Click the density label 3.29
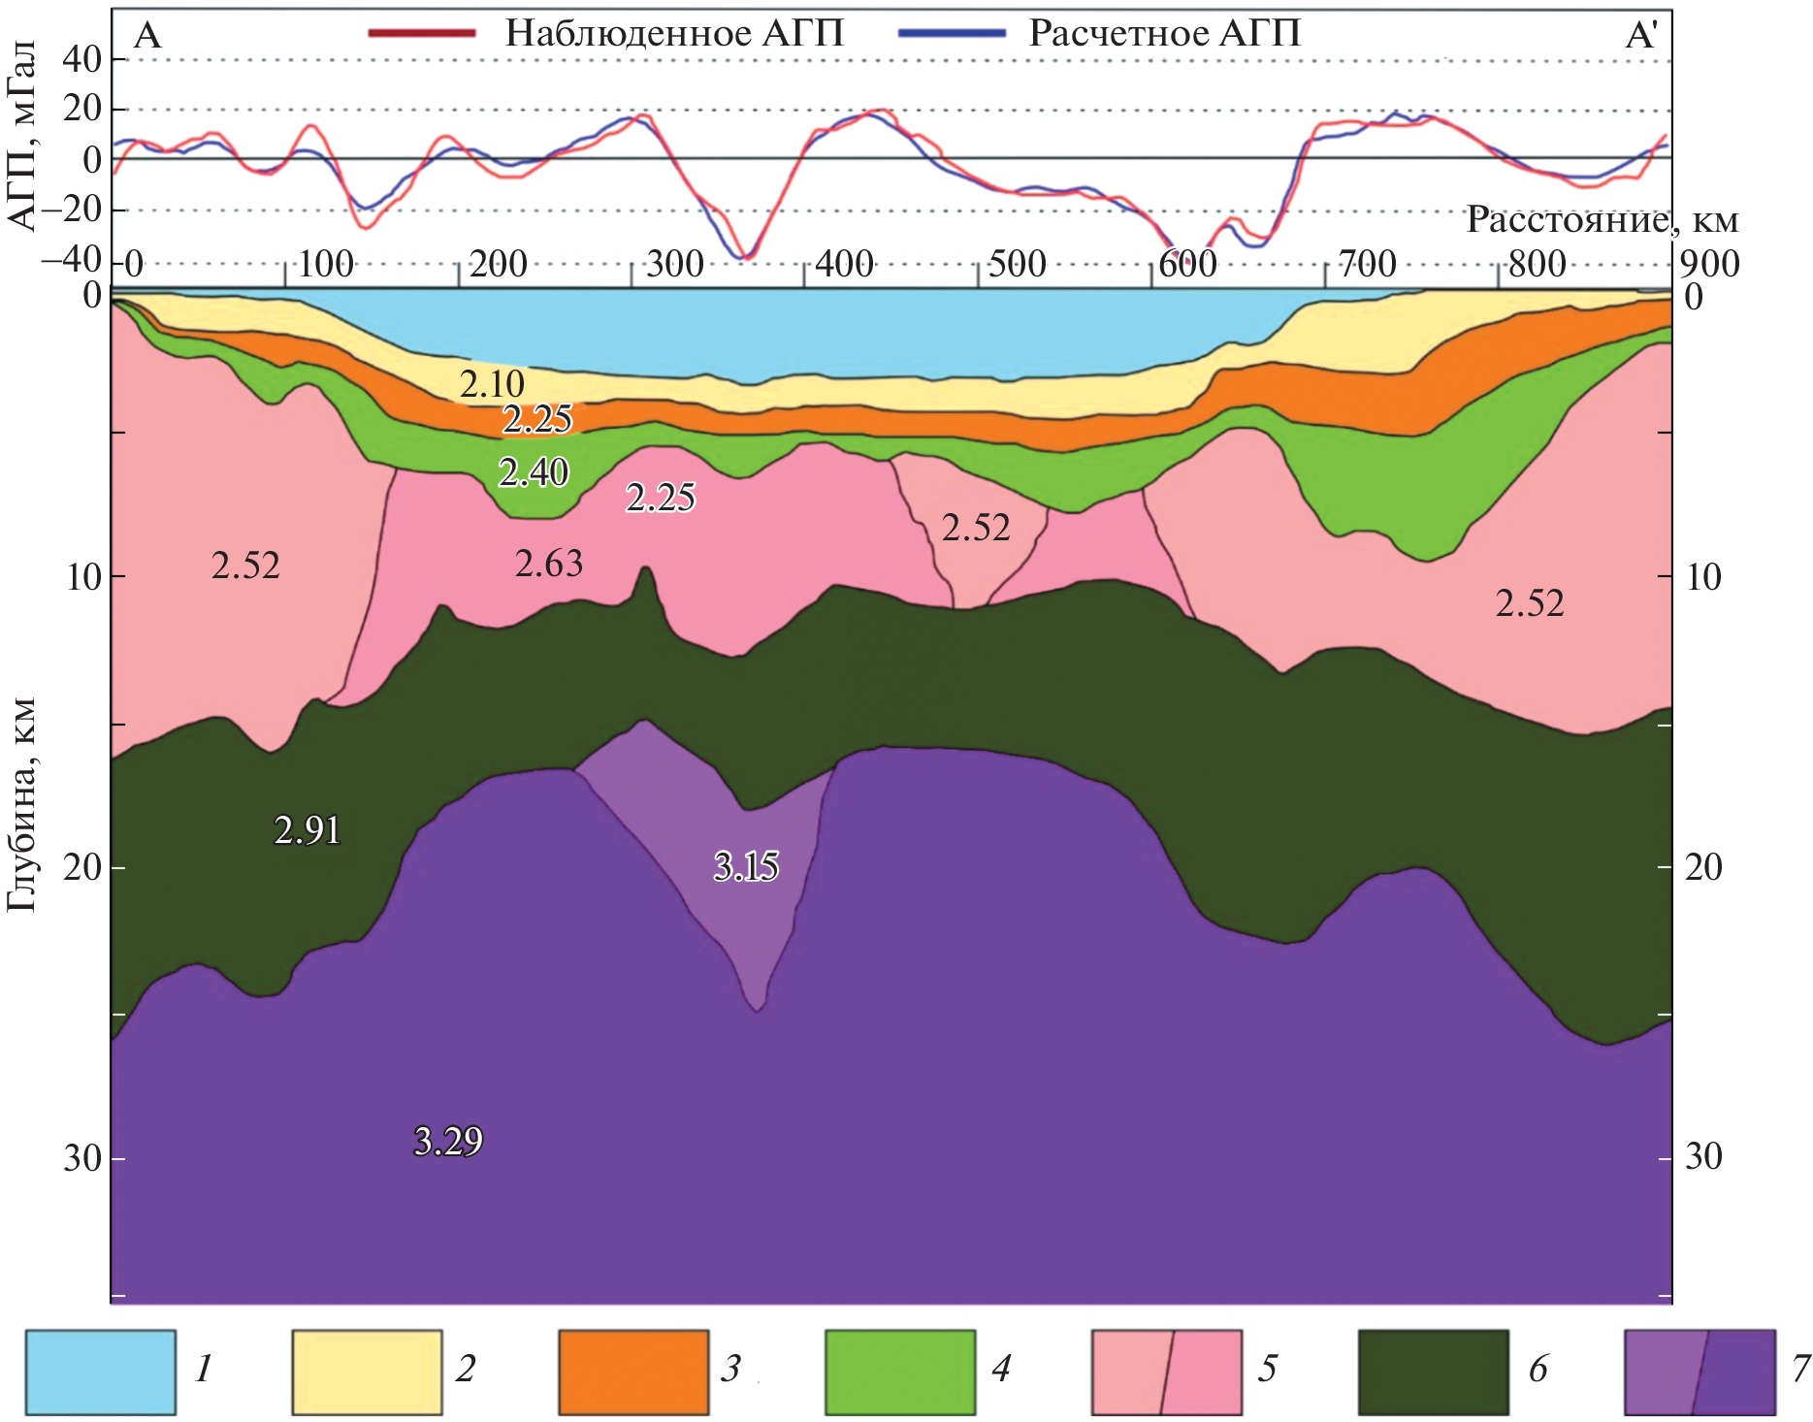tap(448, 1141)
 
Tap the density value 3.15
tap(746, 865)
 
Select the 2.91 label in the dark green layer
tap(308, 830)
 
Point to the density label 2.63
tap(549, 564)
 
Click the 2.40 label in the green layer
tap(534, 472)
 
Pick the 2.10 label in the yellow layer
tap(492, 384)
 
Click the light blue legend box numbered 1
tap(101, 1372)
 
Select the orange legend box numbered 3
tap(633, 1372)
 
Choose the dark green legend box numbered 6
tap(1433, 1372)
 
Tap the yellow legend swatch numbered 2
tap(367, 1372)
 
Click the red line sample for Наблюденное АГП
tap(422, 33)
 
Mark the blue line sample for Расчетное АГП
tap(952, 33)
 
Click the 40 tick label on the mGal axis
tap(81, 59)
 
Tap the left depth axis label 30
tap(82, 1157)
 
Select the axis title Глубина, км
tap(21, 804)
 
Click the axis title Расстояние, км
tap(1602, 219)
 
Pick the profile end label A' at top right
tap(1641, 35)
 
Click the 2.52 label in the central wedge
tap(976, 528)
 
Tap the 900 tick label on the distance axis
tap(1709, 264)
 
